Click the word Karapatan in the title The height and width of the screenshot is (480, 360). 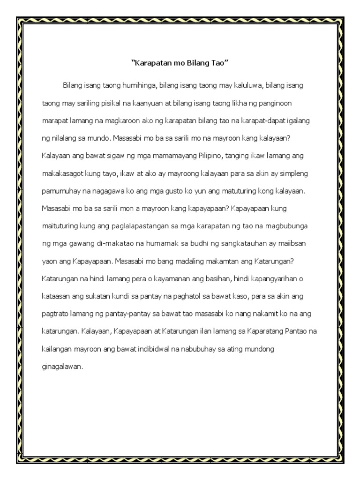point(151,63)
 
